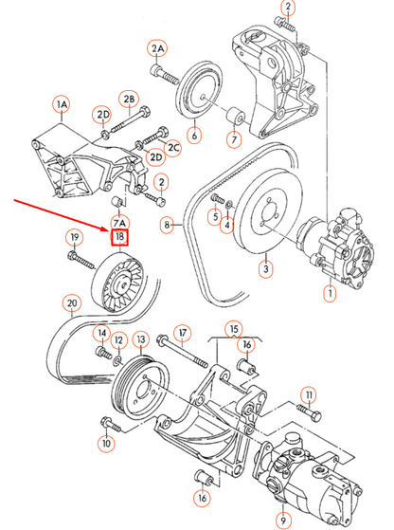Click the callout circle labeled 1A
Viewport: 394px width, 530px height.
pyautogui.click(x=63, y=101)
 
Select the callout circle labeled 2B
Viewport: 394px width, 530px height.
pyautogui.click(x=129, y=100)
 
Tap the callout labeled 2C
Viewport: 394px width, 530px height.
pyautogui.click(x=174, y=147)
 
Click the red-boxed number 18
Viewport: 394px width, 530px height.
pyautogui.click(x=120, y=236)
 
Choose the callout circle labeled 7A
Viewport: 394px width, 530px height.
pyautogui.click(x=120, y=222)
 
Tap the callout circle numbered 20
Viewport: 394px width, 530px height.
pyautogui.click(x=71, y=304)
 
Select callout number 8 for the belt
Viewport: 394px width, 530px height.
pyautogui.click(x=168, y=226)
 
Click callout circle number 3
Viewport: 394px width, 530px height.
pyautogui.click(x=266, y=270)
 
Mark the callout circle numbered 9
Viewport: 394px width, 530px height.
pyautogui.click(x=280, y=520)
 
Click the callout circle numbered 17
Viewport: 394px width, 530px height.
pyautogui.click(x=184, y=333)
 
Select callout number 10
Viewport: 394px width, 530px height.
pyautogui.click(x=105, y=442)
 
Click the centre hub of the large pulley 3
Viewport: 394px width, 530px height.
pyautogui.click(x=265, y=216)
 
